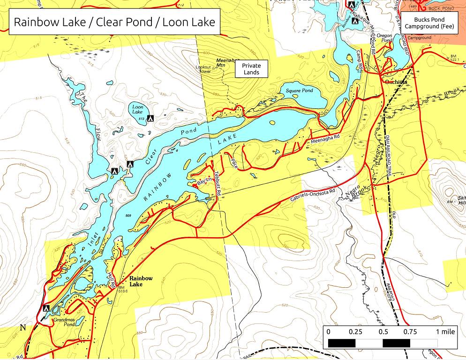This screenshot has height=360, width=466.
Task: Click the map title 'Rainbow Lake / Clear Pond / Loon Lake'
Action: tap(114, 22)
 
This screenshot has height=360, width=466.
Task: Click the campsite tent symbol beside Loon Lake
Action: tap(150, 119)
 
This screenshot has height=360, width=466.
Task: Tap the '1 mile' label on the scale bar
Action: tap(445, 332)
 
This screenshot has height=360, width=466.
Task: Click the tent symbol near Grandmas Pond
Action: tap(46, 308)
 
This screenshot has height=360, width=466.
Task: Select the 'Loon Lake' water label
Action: tap(137, 110)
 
